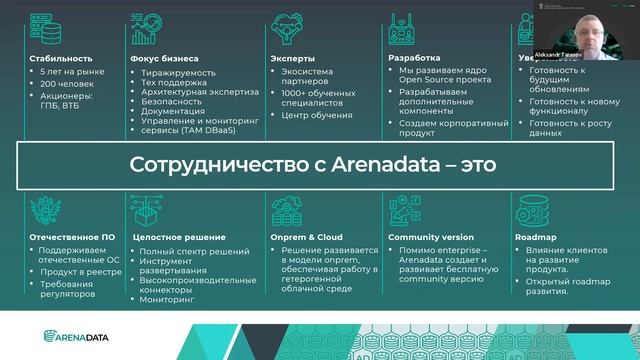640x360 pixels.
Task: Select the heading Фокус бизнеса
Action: tap(166, 58)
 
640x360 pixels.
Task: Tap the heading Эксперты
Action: tap(291, 58)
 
